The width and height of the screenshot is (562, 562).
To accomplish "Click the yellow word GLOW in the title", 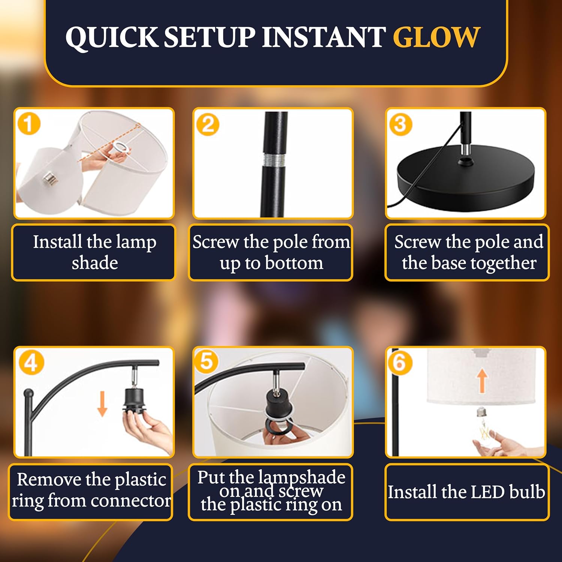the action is point(436,37).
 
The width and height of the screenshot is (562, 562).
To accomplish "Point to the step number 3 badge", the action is point(400,124).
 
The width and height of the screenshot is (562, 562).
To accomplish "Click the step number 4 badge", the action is point(31,362).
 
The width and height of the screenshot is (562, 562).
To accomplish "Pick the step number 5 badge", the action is point(207,362).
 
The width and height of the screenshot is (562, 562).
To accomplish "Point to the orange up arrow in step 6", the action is point(483,380).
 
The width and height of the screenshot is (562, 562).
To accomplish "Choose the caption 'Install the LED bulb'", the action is point(466,492).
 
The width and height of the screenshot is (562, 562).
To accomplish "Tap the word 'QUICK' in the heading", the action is point(112,38).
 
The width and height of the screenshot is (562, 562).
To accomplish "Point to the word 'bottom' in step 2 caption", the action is point(294,263).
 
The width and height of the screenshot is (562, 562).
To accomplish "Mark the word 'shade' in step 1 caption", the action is point(95,263).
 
